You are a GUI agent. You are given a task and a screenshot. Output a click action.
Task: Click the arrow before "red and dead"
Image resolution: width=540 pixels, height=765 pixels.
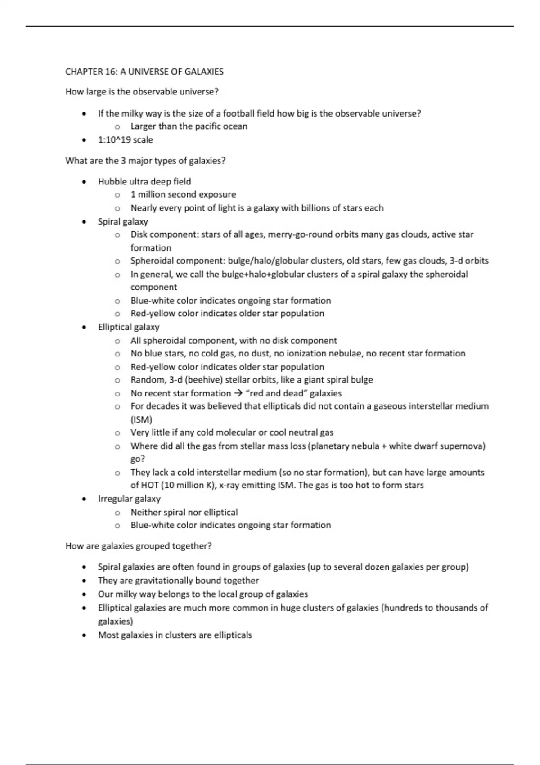[238, 393]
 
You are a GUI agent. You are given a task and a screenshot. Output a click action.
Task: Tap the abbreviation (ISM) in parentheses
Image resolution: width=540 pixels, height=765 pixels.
[141, 419]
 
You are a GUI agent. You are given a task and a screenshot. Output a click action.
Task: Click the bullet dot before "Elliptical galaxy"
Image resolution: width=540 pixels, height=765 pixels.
[84, 328]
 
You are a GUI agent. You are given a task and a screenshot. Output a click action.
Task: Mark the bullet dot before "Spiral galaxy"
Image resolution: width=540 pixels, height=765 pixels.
[84, 222]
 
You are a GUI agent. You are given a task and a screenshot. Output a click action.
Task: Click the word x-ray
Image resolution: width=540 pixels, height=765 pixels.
[229, 485]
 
